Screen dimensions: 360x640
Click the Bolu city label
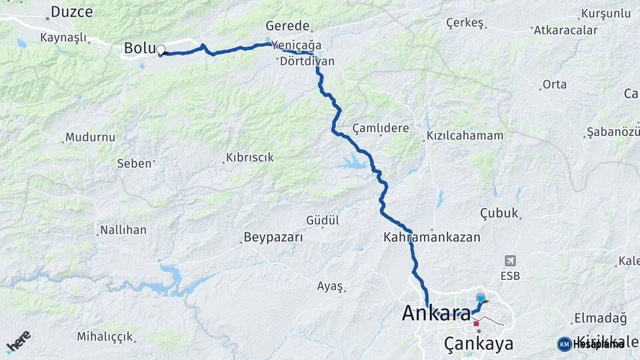click(x=139, y=48)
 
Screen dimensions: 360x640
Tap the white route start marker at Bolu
click(x=161, y=50)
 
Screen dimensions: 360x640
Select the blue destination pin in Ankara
click(x=480, y=298)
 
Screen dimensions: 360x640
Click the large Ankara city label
click(x=437, y=313)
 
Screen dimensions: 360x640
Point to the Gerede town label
click(x=287, y=26)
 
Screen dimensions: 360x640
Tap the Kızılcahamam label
click(x=465, y=135)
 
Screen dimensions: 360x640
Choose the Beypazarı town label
click(x=273, y=237)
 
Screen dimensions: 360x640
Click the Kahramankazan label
click(x=432, y=237)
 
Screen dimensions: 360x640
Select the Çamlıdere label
click(x=381, y=128)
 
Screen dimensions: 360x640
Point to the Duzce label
click(x=71, y=11)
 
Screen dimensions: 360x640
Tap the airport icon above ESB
click(x=511, y=261)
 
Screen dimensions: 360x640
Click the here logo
click(x=18, y=341)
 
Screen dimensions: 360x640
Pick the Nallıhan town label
click(x=123, y=230)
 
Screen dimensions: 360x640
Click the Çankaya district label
click(x=479, y=344)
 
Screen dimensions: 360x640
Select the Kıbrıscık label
click(x=250, y=158)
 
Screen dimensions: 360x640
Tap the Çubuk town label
click(x=499, y=213)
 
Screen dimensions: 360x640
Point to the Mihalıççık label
click(x=105, y=337)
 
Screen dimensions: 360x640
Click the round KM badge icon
click(x=565, y=344)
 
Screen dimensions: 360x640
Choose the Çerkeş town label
click(x=464, y=23)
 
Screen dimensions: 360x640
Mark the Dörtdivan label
click(x=307, y=61)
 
